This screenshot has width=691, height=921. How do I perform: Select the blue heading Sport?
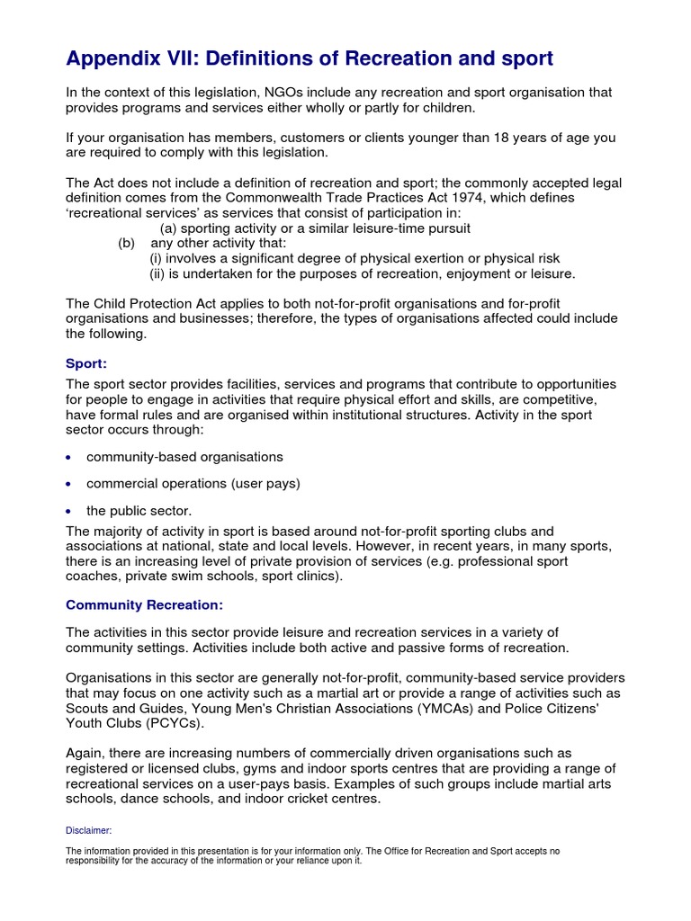(x=86, y=363)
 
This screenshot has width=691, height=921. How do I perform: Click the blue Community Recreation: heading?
(x=144, y=604)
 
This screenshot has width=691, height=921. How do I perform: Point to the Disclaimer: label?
(x=88, y=830)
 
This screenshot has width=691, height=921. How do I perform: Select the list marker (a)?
(x=169, y=228)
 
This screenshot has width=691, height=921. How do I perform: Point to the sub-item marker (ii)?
(x=158, y=273)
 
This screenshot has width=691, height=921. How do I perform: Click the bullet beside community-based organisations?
(x=70, y=458)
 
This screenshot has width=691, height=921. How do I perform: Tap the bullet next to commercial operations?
(x=70, y=484)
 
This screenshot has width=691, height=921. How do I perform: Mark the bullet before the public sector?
(x=70, y=512)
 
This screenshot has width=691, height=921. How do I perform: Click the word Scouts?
(x=88, y=709)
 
